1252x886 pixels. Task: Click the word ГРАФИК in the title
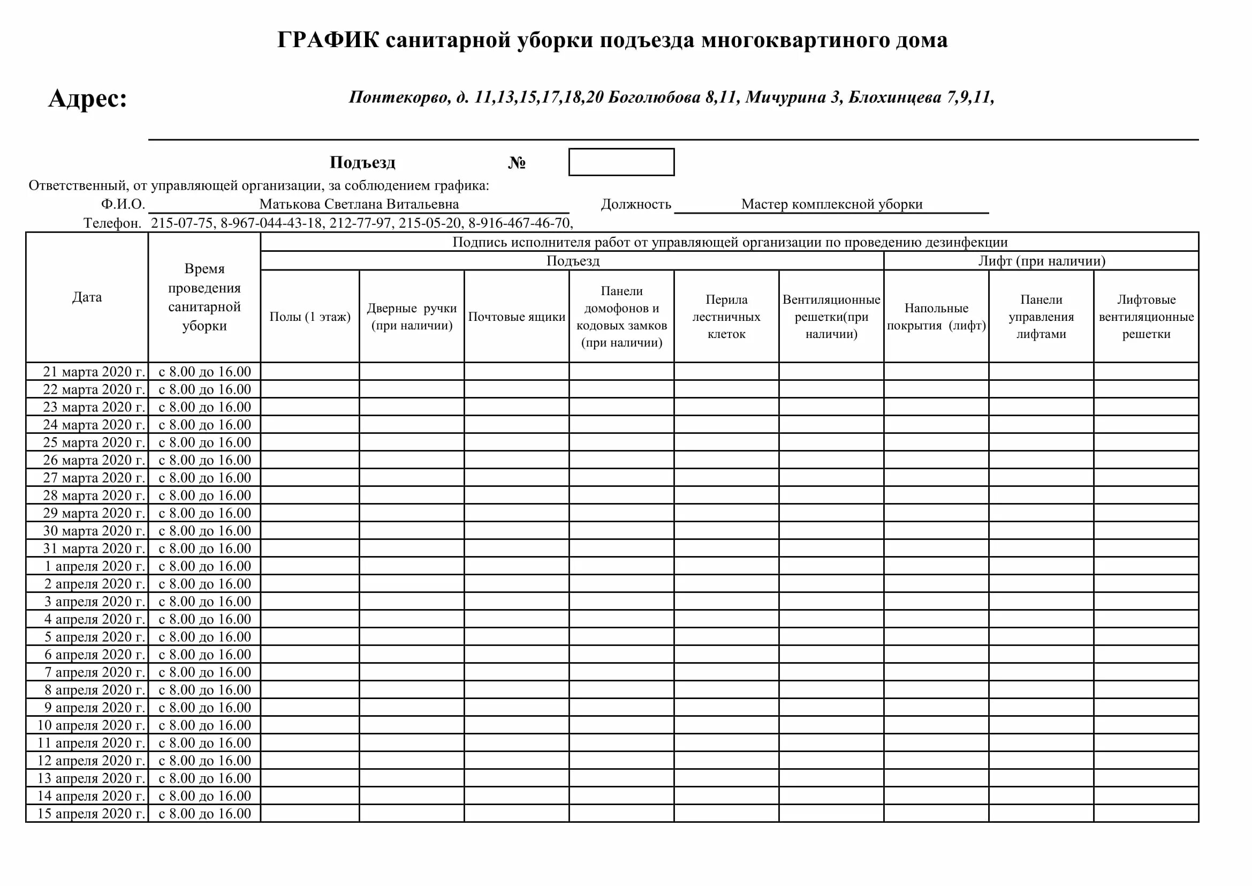[x=327, y=40]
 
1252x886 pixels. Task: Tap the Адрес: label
[x=87, y=99]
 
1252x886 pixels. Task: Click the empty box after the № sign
[x=621, y=162]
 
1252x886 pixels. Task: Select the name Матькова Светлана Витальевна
[x=359, y=204]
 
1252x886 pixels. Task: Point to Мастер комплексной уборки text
[x=831, y=204]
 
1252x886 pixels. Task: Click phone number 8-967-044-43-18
[x=271, y=223]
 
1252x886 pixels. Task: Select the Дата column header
[x=87, y=297]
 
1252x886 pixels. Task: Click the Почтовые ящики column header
[x=517, y=317]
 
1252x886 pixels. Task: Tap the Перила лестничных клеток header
[x=726, y=317]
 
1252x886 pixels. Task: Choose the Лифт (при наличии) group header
[x=1041, y=261]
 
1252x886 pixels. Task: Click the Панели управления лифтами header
[x=1041, y=317]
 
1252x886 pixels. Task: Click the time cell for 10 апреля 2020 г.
[x=204, y=725]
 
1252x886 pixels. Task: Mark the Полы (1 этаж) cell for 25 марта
[x=310, y=442]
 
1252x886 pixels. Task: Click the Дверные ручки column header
[x=412, y=317]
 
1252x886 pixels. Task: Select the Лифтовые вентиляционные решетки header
[x=1145, y=317]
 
